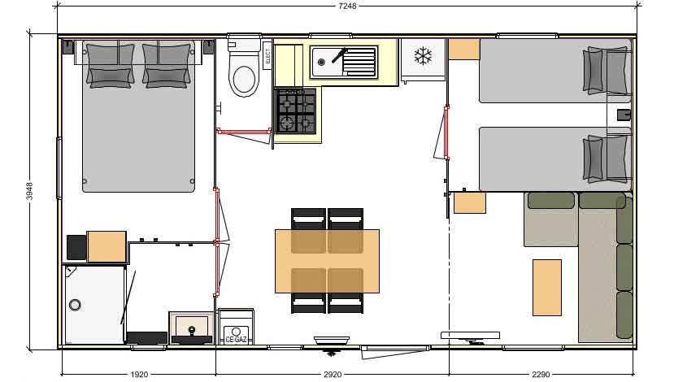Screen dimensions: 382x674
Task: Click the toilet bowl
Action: click(x=244, y=78)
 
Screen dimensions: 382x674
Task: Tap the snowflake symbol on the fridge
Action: click(x=422, y=56)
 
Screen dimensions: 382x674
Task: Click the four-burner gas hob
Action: click(x=296, y=111)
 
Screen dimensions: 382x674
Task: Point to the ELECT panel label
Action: click(x=268, y=57)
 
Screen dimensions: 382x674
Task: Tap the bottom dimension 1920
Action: click(x=138, y=375)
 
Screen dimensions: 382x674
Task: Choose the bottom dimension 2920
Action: click(x=332, y=375)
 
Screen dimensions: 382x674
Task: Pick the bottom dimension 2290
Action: click(x=541, y=375)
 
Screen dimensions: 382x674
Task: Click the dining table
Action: click(x=327, y=261)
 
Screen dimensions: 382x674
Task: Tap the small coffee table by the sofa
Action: click(x=546, y=286)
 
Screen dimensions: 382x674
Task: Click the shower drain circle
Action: click(x=76, y=306)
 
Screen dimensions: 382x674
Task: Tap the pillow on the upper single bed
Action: click(x=607, y=70)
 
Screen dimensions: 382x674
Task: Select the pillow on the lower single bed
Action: click(x=607, y=158)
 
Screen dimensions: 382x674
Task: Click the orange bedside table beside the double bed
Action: click(x=107, y=246)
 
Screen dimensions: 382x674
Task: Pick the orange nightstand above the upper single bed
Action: click(x=463, y=49)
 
